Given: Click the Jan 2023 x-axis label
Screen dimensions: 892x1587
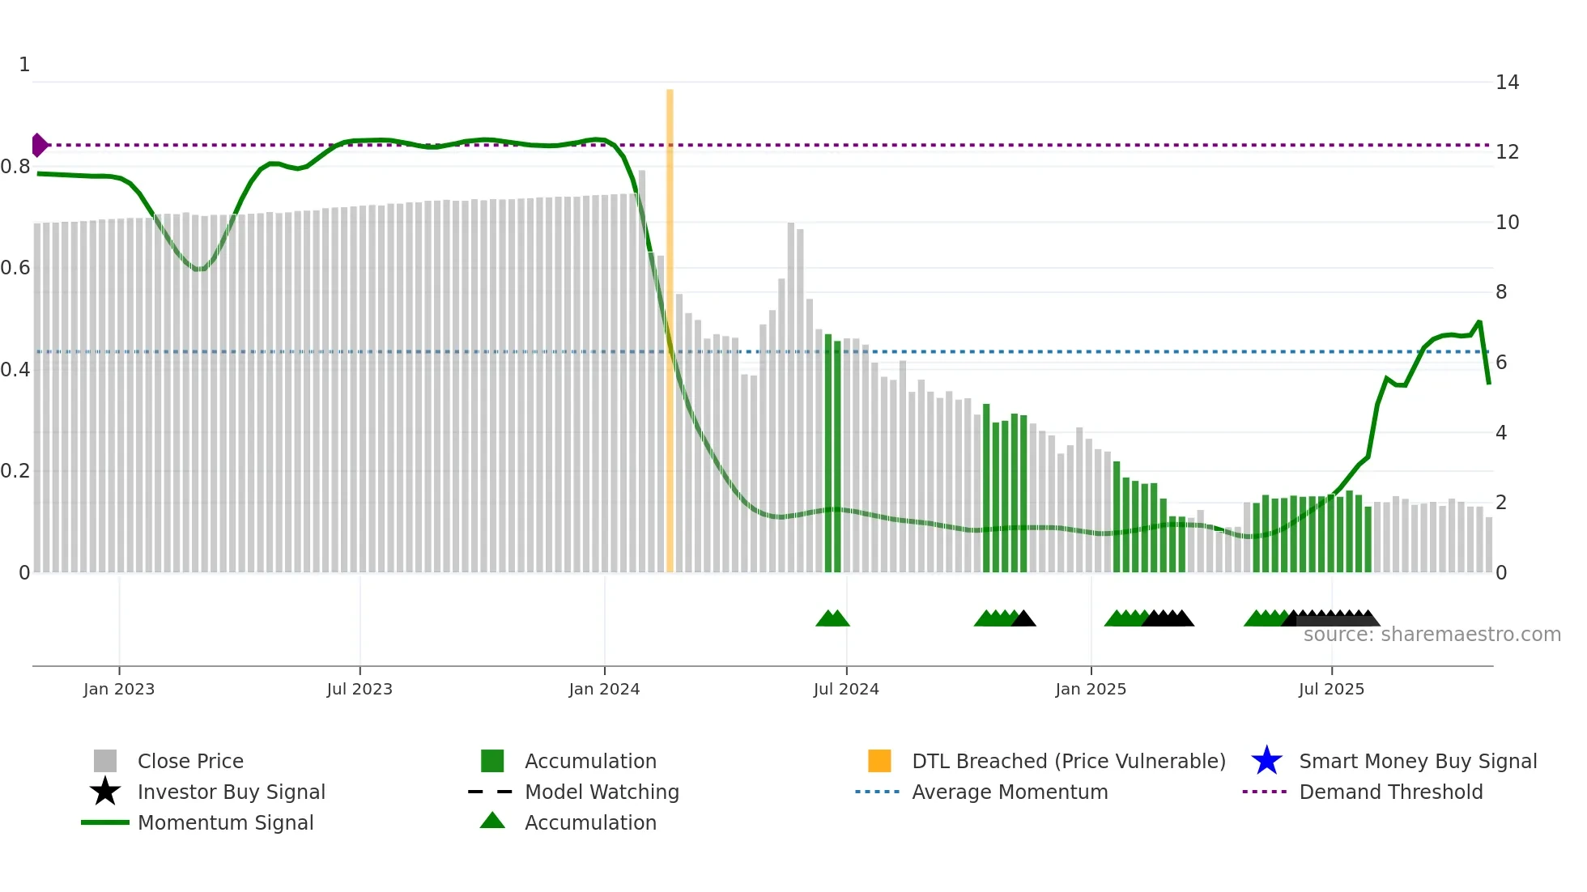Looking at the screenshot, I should click(118, 689).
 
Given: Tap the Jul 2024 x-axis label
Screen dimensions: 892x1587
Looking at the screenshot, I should click(845, 689).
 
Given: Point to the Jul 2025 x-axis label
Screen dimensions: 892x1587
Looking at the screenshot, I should click(1331, 689).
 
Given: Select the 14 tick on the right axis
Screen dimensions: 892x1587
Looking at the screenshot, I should click(1507, 83).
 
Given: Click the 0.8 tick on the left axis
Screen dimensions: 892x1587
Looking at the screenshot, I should click(15, 167).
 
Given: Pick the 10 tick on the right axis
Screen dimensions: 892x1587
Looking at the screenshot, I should click(1507, 223).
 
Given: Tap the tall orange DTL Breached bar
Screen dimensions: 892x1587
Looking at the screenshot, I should click(670, 324).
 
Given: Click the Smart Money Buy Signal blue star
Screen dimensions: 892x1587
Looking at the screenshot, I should click(1266, 761).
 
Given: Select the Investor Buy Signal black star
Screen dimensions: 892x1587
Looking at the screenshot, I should click(105, 792).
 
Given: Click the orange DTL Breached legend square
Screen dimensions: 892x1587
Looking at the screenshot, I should click(879, 761).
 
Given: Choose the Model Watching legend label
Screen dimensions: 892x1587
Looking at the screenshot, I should click(602, 792).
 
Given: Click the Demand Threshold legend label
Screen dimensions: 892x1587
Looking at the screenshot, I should click(1390, 792).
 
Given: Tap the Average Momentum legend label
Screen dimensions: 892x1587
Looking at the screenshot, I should click(1010, 792).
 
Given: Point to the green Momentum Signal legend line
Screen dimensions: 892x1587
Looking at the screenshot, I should click(105, 822).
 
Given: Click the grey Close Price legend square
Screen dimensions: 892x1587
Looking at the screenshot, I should click(105, 761).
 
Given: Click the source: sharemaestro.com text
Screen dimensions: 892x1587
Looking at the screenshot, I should click(1432, 635).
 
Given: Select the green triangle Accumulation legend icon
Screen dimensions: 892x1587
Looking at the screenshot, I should click(492, 821).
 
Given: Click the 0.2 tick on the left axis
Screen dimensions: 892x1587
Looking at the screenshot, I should click(15, 471).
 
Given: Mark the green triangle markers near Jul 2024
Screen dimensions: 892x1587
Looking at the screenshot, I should click(832, 619).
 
